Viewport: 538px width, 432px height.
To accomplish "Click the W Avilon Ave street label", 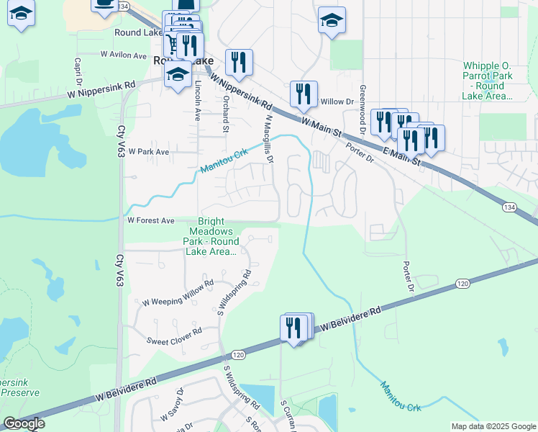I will coord(124,54).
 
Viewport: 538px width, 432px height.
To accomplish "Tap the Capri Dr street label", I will coord(76,71).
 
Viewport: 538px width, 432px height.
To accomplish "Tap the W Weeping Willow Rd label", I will coord(178,302).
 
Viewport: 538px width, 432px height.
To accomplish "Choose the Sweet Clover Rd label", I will coord(173,340).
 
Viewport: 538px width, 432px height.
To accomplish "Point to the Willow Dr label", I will coord(337,102).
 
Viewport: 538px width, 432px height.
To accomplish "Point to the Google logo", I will coord(24,424).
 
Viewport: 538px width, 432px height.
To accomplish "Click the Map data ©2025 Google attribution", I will coord(493,426).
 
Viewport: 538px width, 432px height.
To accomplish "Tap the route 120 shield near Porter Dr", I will coord(461,285).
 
